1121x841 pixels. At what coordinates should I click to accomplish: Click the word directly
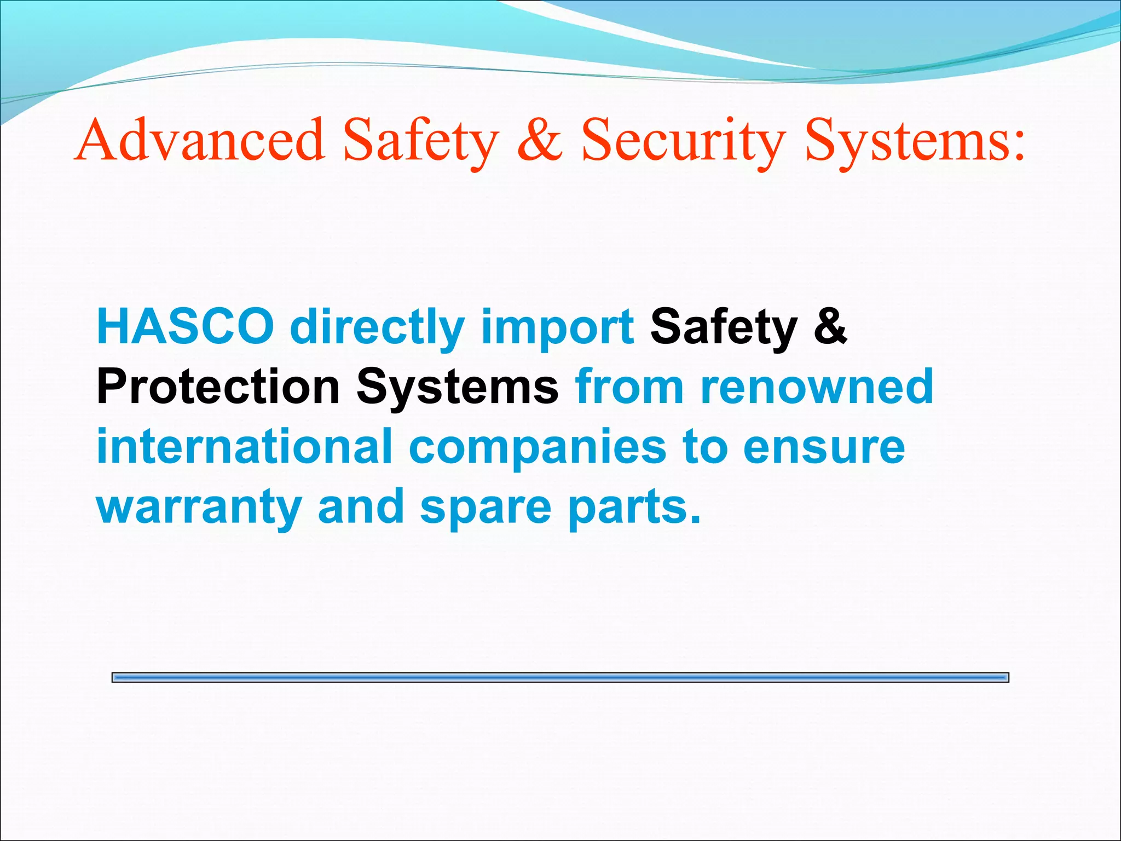pos(377,327)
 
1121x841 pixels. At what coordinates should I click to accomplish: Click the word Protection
pos(218,387)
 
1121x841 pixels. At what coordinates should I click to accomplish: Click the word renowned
pos(817,387)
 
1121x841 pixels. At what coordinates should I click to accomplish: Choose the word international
pos(245,446)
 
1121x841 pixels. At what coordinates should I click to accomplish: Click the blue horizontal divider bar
pos(560,678)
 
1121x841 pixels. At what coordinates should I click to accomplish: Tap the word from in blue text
pos(629,387)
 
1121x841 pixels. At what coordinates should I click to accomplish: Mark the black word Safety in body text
pos(724,327)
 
